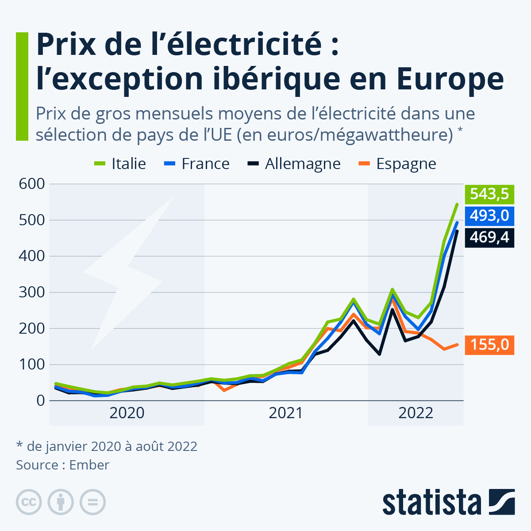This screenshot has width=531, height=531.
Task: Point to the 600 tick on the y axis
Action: [x=32, y=184]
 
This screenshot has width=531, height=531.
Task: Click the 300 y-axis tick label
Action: [x=32, y=292]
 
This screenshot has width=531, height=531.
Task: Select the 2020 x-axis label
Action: [x=127, y=413]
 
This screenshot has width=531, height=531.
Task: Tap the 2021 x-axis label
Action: [x=286, y=413]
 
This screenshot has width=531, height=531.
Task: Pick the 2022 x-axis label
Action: [x=416, y=413]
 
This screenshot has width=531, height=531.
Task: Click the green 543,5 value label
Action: [x=489, y=194]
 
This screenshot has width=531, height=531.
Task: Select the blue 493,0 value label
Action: [x=489, y=215]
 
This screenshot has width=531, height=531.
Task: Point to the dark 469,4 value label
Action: [x=489, y=237]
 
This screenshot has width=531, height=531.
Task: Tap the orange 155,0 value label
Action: [x=489, y=344]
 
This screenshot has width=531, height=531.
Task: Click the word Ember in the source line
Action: [x=89, y=465]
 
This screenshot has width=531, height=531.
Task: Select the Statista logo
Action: [x=448, y=502]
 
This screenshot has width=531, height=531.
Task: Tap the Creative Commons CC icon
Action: [x=29, y=502]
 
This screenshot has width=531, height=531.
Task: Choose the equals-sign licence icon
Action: [x=92, y=502]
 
